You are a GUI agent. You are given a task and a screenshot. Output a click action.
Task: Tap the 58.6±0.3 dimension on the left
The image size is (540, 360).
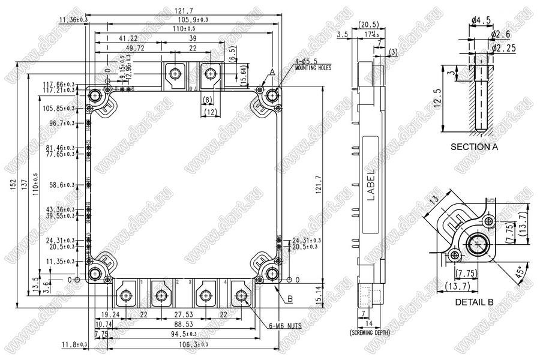(x=62, y=185)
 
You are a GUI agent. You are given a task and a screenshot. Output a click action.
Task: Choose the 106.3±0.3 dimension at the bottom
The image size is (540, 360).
(x=189, y=344)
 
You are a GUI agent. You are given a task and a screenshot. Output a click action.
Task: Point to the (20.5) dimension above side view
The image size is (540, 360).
(x=367, y=25)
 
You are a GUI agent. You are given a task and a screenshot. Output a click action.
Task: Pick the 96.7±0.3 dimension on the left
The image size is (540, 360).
(x=62, y=123)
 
